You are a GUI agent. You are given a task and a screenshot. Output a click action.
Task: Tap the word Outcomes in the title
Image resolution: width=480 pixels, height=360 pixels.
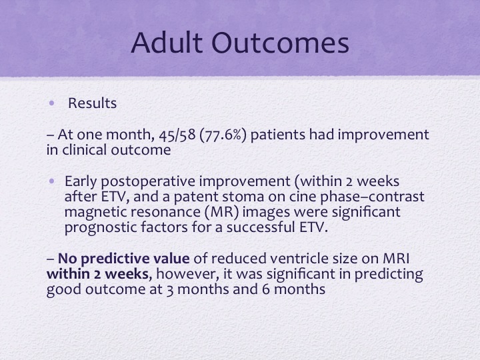(280, 43)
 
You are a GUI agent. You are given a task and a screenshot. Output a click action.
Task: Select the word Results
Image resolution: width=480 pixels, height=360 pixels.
(92, 103)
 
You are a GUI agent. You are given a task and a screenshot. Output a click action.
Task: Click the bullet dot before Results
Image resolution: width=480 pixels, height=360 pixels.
(51, 103)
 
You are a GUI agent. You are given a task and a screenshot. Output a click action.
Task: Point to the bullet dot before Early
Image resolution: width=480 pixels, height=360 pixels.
(51, 181)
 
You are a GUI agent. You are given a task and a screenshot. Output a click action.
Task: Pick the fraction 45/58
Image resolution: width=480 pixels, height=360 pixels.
(177, 135)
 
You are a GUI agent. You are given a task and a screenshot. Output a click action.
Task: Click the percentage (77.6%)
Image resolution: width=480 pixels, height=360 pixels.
(223, 135)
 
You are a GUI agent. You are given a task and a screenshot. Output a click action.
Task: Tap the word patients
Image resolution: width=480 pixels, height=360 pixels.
(277, 135)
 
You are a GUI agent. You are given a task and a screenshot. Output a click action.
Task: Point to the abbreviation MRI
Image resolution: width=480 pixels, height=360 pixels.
(396, 259)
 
